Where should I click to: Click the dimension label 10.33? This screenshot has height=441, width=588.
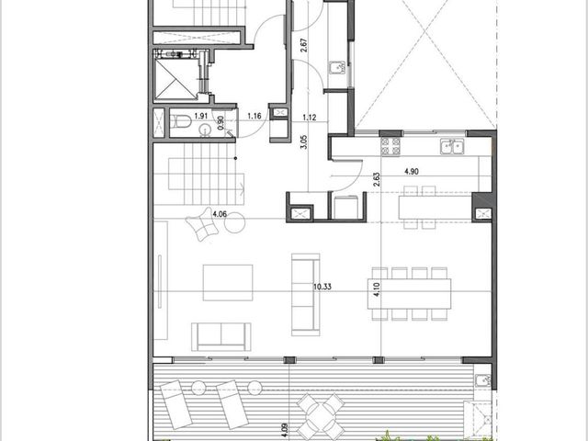click(322, 287)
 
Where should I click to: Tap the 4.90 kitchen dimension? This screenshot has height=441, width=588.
click(412, 172)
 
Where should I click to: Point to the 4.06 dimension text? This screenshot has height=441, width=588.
click(220, 214)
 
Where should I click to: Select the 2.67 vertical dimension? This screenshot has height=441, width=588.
click(304, 45)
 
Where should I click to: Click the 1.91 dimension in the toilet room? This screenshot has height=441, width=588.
click(201, 116)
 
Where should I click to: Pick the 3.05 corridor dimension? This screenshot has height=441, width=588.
click(304, 142)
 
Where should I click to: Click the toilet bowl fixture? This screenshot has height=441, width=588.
click(181, 121)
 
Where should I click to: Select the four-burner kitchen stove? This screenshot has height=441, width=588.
click(390, 146)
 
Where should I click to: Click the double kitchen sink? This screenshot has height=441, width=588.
click(452, 146)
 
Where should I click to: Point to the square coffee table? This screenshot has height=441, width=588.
click(228, 283)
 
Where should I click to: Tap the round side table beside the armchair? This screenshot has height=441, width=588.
click(235, 222)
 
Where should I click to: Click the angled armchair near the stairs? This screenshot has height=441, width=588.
click(202, 224)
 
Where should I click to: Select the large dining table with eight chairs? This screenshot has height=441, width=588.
click(410, 294)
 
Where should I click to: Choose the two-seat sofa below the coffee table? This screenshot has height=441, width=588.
click(220, 336)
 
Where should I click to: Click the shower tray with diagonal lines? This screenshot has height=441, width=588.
click(175, 79)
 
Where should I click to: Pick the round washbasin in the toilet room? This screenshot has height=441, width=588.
click(205, 130)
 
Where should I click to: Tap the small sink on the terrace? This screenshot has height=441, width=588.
click(482, 380)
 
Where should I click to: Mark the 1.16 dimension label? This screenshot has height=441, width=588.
click(254, 116)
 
